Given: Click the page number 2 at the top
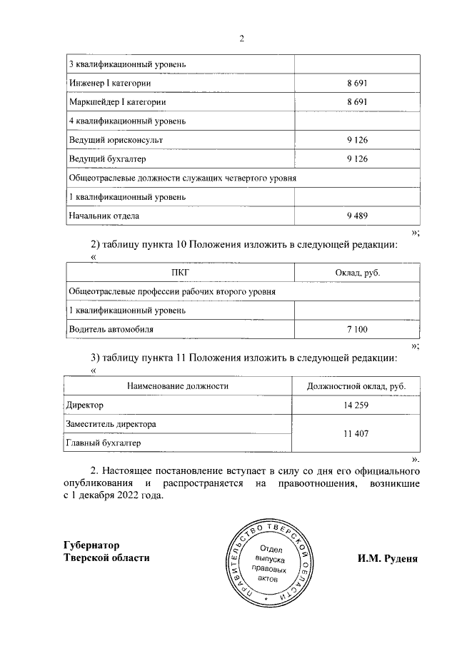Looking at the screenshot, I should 242,39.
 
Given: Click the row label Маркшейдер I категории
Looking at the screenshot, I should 117,103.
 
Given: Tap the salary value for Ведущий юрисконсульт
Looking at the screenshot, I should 356,140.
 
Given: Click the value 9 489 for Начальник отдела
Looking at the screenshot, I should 356,215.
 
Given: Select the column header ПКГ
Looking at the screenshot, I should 180,273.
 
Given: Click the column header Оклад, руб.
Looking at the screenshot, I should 356,273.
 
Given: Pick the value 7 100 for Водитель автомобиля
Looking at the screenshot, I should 356,329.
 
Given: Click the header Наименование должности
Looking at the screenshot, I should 178,386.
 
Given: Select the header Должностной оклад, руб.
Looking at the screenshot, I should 356,386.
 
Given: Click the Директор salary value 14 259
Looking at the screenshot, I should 356,405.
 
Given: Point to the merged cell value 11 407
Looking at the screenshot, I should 356,433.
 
